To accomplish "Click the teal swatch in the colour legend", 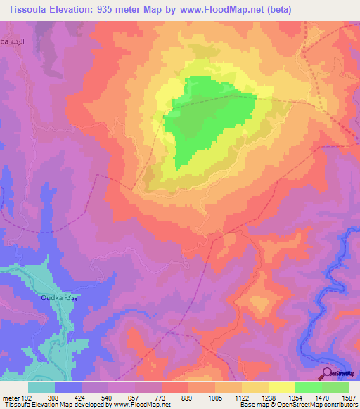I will pos(41,387).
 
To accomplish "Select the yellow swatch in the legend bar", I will pos(281,387).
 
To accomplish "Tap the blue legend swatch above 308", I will pos(68,387).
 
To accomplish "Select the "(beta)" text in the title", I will pos(276,9).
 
